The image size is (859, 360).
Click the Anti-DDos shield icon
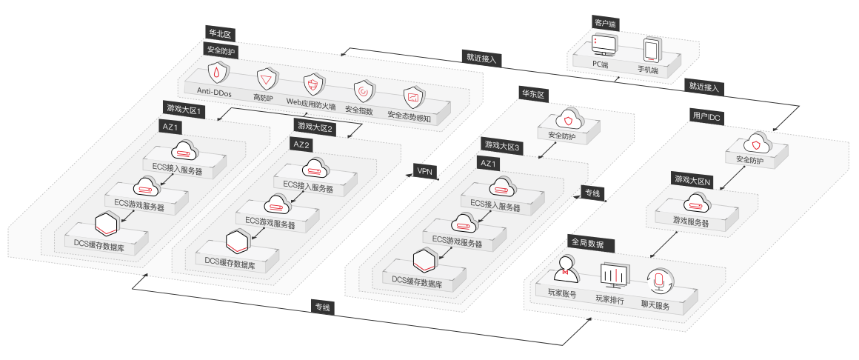pos(216,73)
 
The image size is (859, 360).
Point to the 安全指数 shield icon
pos(363,92)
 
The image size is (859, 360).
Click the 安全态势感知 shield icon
pos(412,97)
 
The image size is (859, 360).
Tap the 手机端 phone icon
pos(652,50)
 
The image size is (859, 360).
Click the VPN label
pos(424,171)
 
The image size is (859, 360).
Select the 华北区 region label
pos(219,34)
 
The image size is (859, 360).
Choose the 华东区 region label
pos(533,94)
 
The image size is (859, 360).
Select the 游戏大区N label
pos(692,180)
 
